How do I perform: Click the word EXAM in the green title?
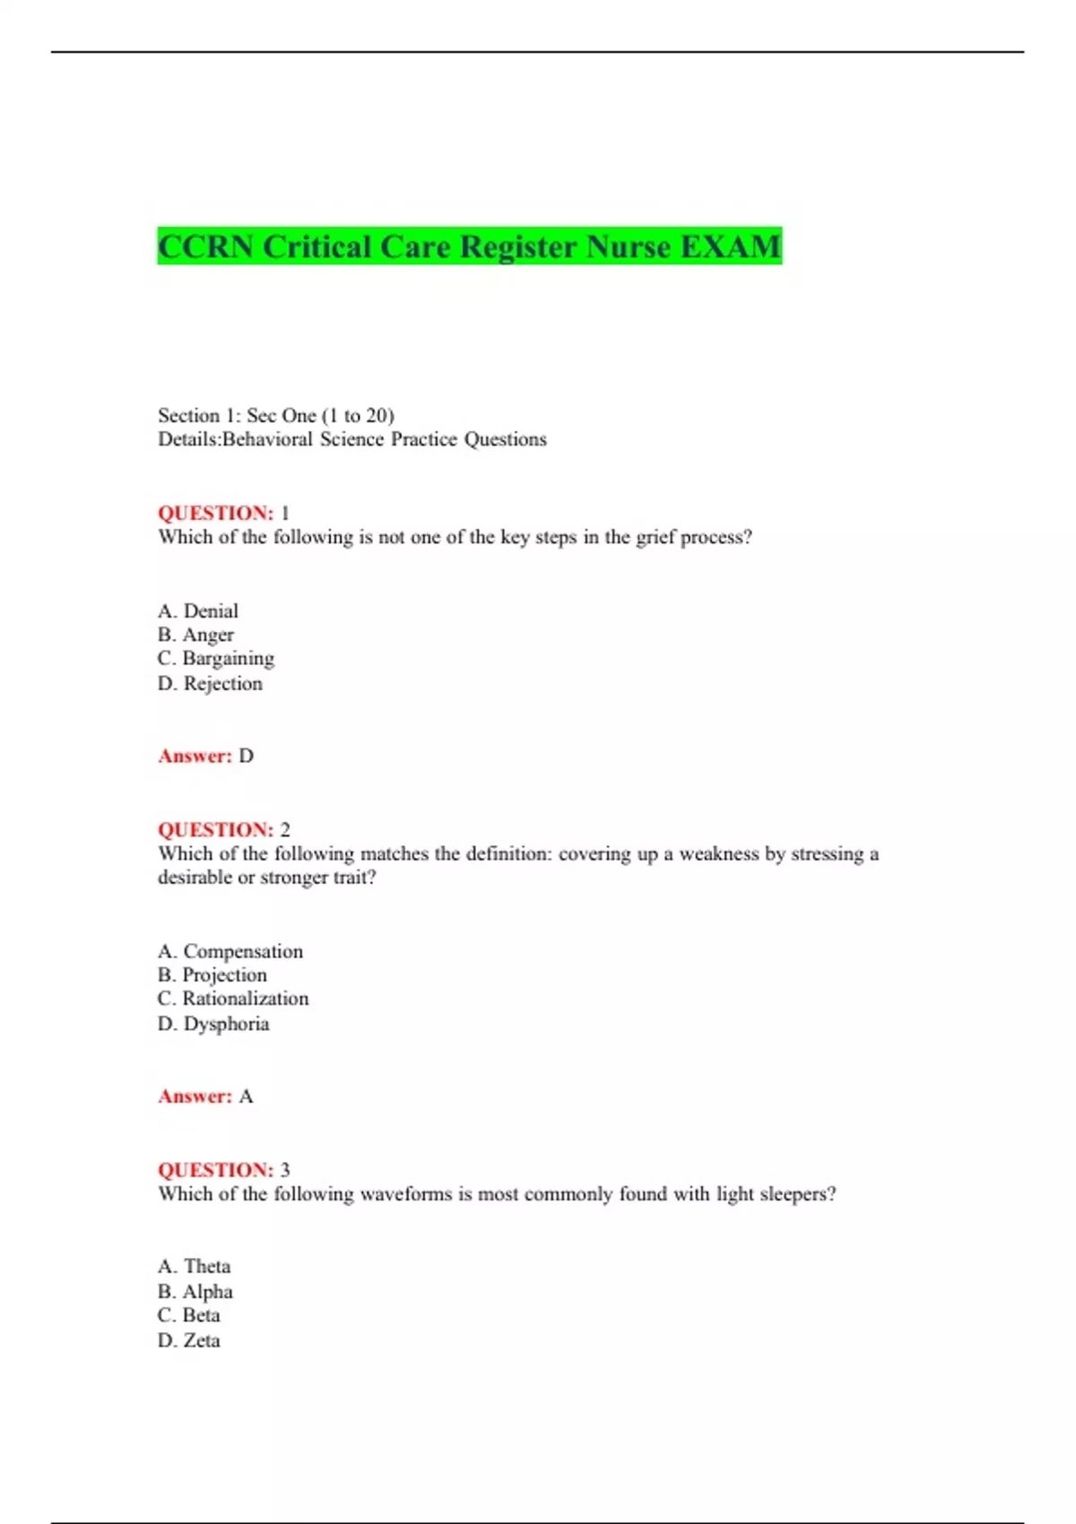[x=730, y=247]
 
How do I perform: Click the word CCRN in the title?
[x=205, y=247]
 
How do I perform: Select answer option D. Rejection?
[x=211, y=683]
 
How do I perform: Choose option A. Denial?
[x=198, y=610]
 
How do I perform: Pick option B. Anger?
[x=195, y=635]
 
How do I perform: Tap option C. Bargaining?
[x=216, y=659]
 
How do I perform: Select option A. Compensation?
[x=230, y=951]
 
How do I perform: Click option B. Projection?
[x=213, y=974]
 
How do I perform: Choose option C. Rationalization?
[x=233, y=999]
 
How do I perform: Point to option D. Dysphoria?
[x=213, y=1024]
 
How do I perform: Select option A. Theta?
[x=195, y=1266]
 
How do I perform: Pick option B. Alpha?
[x=195, y=1291]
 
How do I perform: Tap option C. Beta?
[x=189, y=1315]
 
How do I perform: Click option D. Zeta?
[x=189, y=1340]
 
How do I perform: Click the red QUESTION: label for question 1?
[x=215, y=513]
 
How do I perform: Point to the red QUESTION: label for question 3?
[x=215, y=1170]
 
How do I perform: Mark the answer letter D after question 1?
[x=247, y=756]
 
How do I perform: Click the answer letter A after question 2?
[x=247, y=1096]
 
